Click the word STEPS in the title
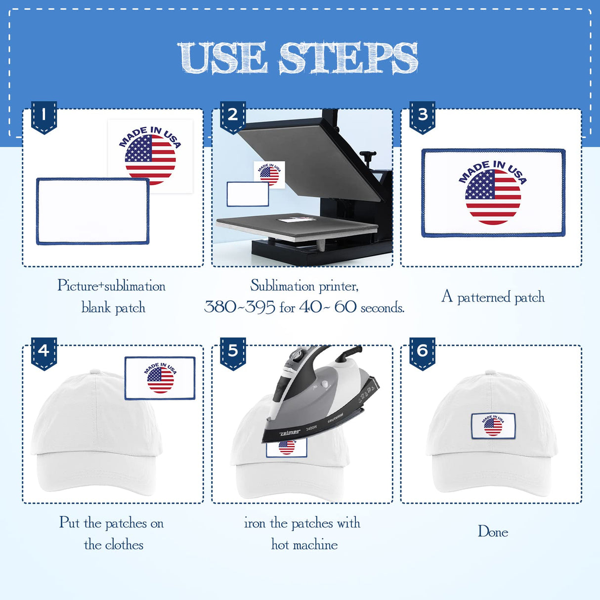coord(348,58)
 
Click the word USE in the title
coord(222,58)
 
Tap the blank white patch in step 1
coord(92,211)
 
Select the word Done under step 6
coord(493,532)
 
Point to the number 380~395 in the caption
coord(240,307)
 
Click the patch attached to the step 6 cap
coord(493,426)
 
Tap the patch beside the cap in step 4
coord(160,378)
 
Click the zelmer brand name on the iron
coord(290,432)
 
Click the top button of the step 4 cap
coord(94,372)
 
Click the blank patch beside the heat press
coord(248,194)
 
